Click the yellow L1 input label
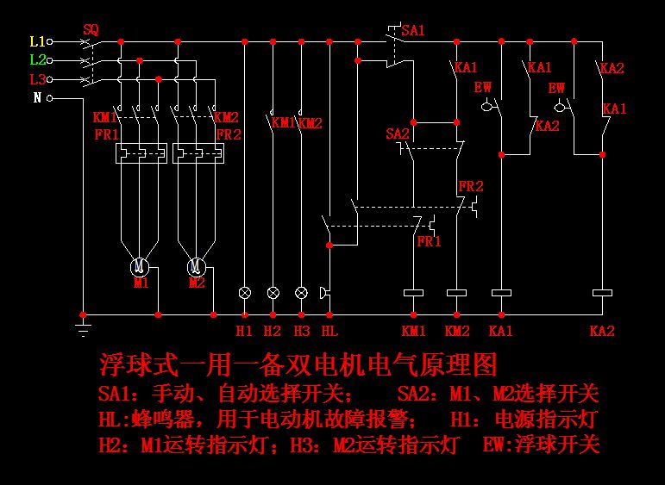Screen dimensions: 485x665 (37, 40)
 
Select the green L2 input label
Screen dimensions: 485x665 (37, 59)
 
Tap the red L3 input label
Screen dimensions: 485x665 (37, 79)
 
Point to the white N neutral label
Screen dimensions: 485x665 (37, 97)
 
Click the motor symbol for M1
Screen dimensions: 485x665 (141, 265)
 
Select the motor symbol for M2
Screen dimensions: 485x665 (197, 265)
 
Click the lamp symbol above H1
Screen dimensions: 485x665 (245, 293)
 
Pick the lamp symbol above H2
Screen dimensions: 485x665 (273, 293)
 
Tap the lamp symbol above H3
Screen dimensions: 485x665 (301, 293)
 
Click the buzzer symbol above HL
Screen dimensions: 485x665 (326, 293)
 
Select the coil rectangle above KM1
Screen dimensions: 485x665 (414, 293)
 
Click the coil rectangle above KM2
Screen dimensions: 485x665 (456, 293)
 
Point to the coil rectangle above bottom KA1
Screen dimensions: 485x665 (501, 293)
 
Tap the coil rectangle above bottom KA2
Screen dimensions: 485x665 (601, 293)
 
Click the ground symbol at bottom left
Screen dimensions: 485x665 (83, 328)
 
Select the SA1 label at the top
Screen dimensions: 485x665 (413, 30)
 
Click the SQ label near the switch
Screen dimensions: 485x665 (91, 29)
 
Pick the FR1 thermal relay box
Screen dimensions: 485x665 (141, 153)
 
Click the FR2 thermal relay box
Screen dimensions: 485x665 (198, 153)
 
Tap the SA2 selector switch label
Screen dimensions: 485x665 (397, 134)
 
